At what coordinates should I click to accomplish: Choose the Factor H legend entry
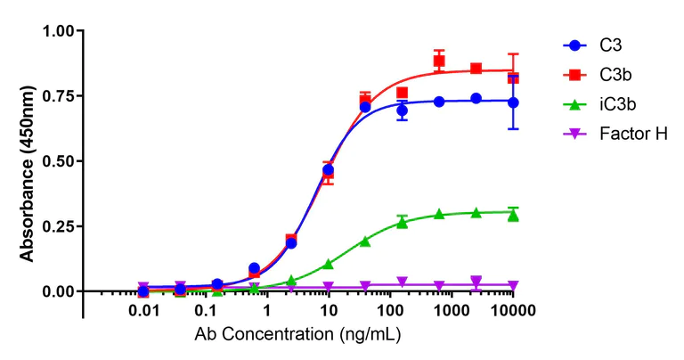click(631, 133)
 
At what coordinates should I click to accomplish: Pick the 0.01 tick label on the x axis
click(143, 311)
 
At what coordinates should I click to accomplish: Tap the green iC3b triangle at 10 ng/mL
click(329, 264)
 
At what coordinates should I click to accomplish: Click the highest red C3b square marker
click(439, 61)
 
